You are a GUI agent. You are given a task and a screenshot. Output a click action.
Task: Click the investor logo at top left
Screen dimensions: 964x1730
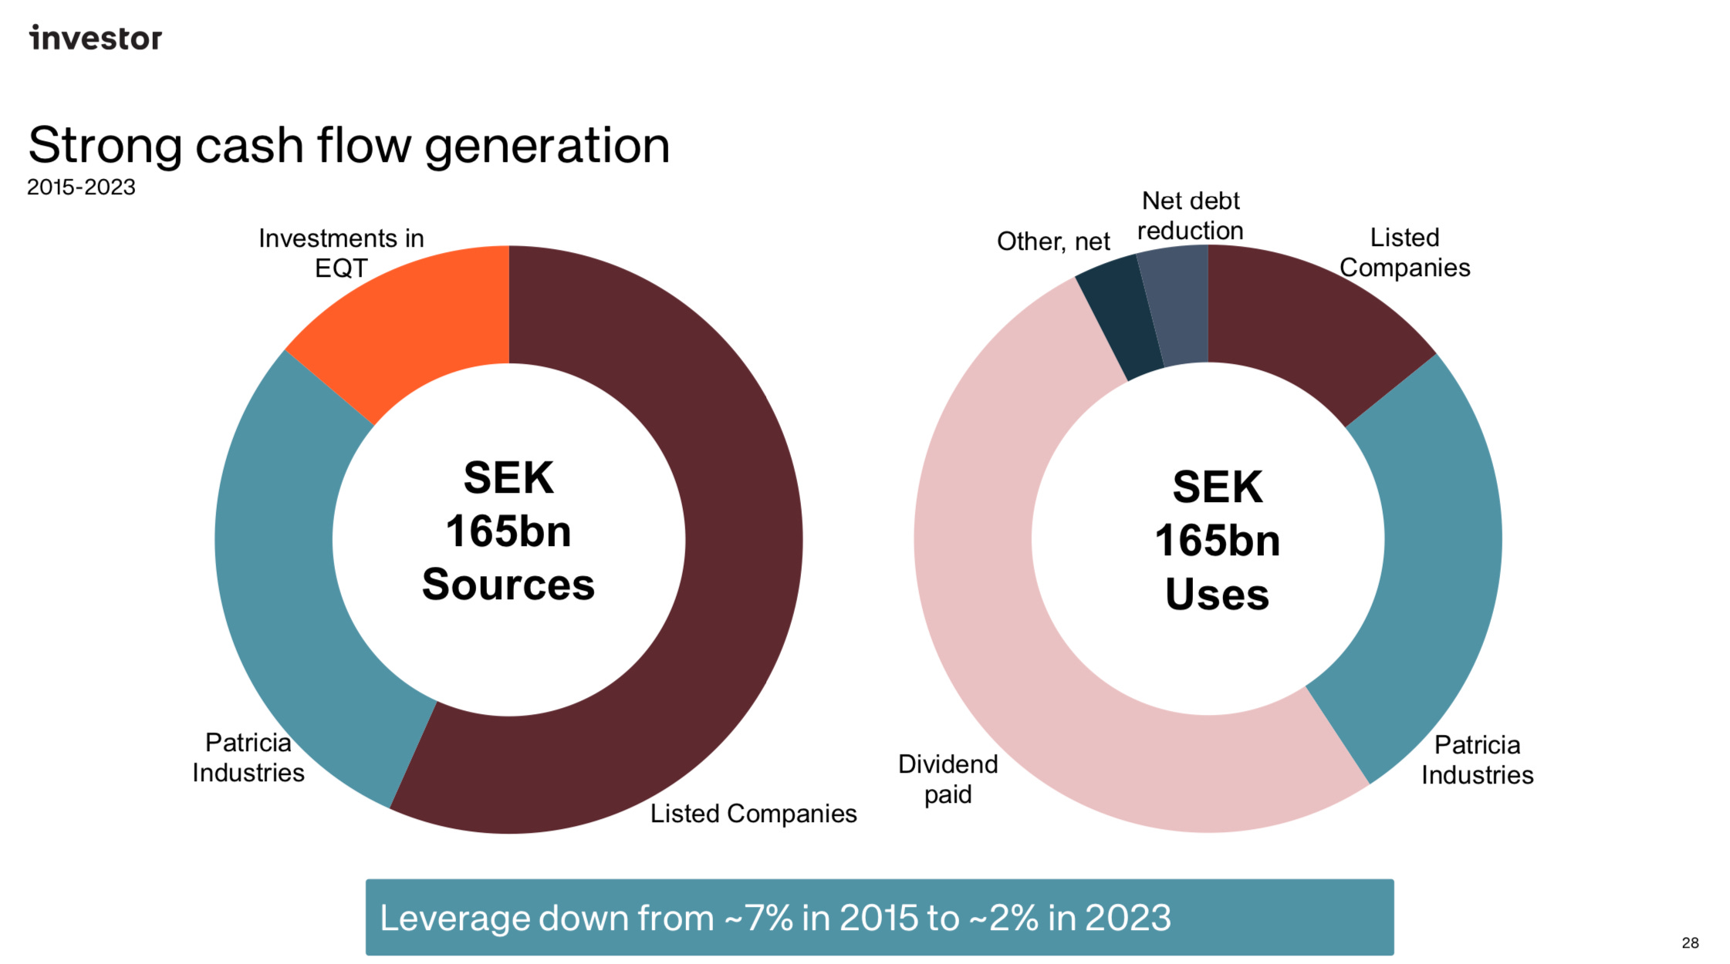point(96,38)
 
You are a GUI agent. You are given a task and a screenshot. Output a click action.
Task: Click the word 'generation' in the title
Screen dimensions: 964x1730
point(546,147)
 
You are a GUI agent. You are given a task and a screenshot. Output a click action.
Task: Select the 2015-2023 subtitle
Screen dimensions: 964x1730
point(81,187)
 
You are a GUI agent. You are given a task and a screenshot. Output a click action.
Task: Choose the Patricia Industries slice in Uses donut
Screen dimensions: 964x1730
point(1428,578)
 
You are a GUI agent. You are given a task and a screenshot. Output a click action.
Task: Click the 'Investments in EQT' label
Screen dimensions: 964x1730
point(341,253)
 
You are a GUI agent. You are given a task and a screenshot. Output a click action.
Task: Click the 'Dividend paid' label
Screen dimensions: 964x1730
point(948,779)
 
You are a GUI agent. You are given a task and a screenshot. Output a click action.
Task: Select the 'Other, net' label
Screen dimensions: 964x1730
point(1053,241)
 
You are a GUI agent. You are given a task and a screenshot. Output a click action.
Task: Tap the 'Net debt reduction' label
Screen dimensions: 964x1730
point(1190,216)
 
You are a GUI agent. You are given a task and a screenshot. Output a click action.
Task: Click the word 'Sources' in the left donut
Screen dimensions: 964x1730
point(509,585)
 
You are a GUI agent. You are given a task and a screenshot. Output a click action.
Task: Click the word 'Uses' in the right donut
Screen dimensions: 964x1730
point(1217,595)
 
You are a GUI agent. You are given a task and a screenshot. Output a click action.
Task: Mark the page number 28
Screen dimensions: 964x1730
point(1690,942)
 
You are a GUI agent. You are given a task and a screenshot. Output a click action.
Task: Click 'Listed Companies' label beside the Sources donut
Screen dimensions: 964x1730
point(753,814)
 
